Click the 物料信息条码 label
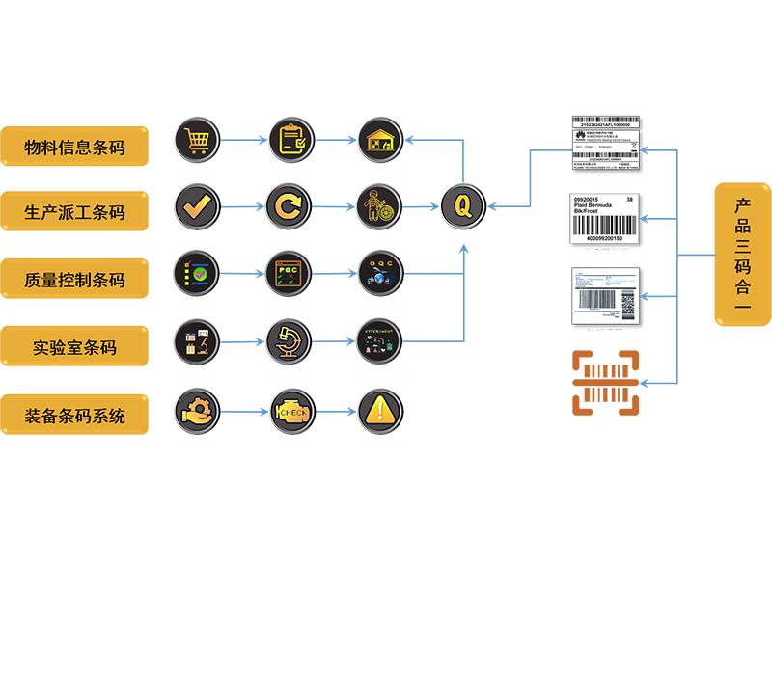coord(75,148)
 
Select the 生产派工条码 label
coord(75,213)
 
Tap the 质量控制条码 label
coord(75,281)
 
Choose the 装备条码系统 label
coord(75,417)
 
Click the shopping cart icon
coord(198,140)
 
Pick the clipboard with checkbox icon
coord(289,140)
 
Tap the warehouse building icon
coord(379,140)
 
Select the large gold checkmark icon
coord(198,205)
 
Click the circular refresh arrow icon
coord(289,205)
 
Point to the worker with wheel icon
coord(379,205)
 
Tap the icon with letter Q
coord(462,205)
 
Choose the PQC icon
coord(289,273)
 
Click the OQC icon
coord(379,273)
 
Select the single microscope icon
coord(289,340)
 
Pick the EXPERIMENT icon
coord(379,340)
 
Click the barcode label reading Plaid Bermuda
coord(606,220)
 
